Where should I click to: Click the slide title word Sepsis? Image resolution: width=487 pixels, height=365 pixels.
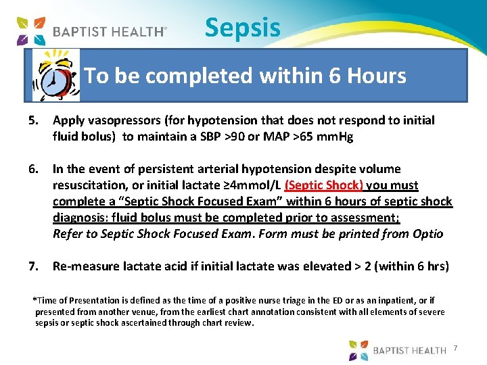pos(242,28)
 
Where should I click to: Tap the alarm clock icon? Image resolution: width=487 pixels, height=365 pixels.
pos(56,74)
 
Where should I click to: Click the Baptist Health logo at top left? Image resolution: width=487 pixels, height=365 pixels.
pos(91,30)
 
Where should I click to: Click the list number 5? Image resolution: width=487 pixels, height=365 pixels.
pos(34,120)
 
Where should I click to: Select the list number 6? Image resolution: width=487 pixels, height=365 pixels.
pos(34,169)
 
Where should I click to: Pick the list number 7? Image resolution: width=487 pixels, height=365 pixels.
pos(34,266)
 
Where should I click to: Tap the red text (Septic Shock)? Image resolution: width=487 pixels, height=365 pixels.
pos(324,185)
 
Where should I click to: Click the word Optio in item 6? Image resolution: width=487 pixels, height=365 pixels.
pos(427,234)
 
